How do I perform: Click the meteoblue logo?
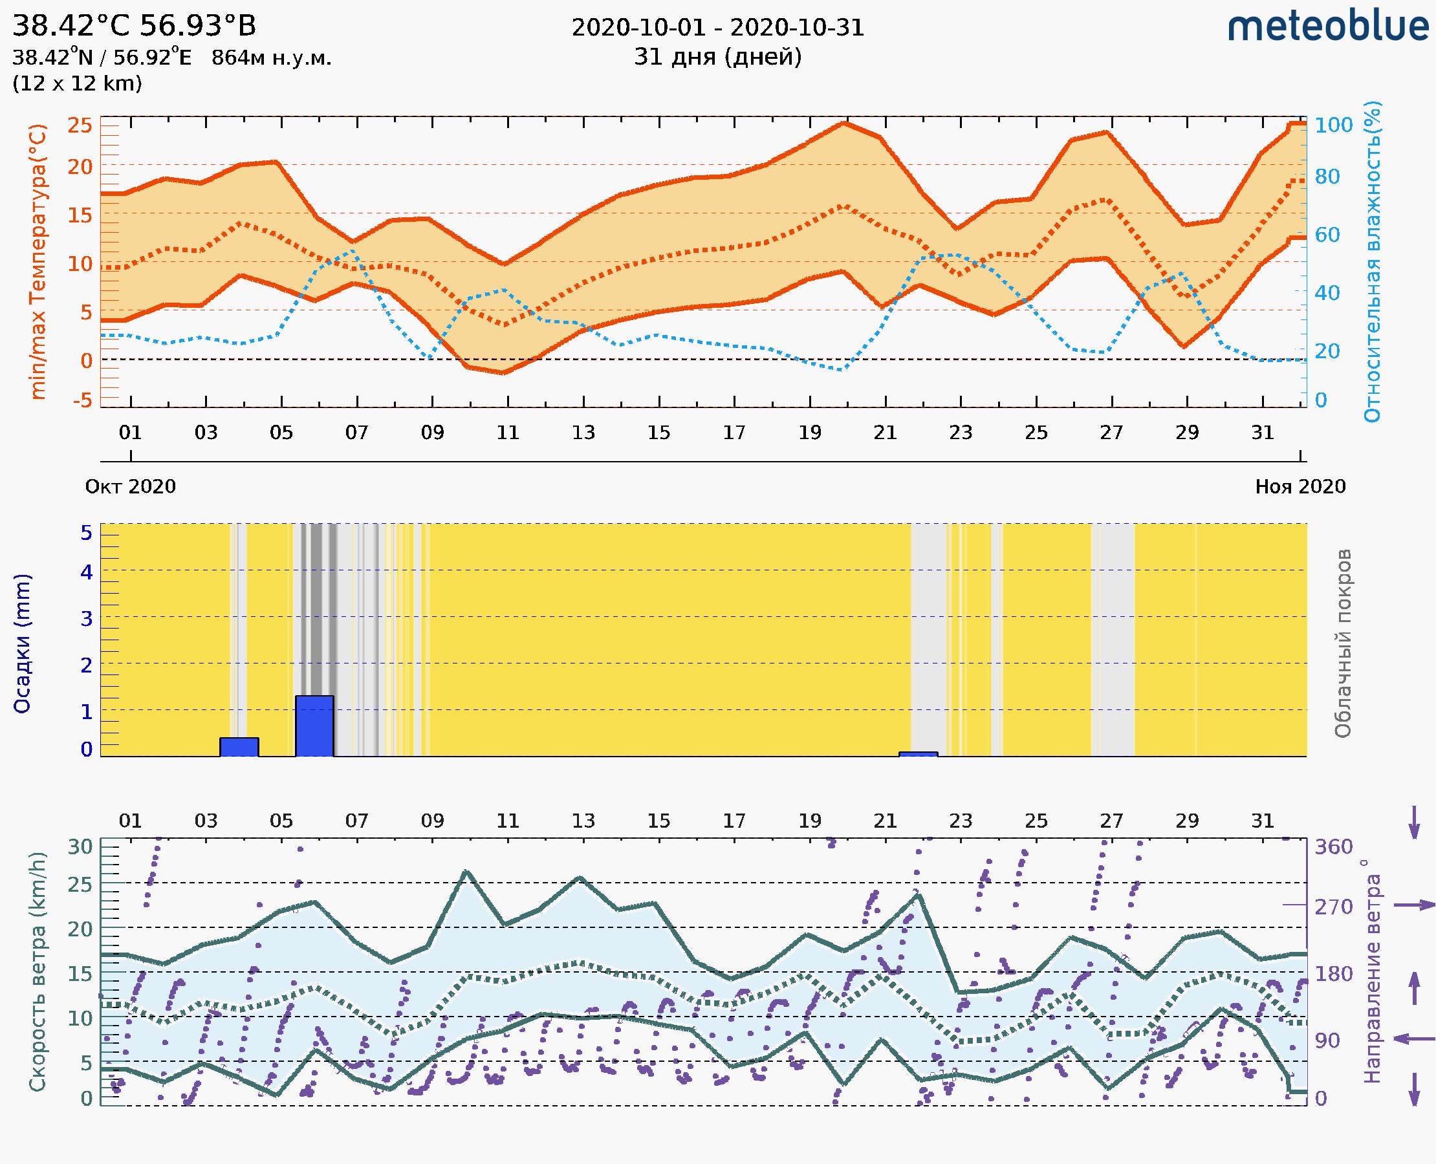[x=1327, y=27]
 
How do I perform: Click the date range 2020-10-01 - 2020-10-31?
[x=717, y=28]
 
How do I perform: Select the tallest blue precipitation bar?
[x=314, y=726]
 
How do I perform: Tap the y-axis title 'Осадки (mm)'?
[x=22, y=643]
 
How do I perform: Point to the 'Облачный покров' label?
[x=1343, y=643]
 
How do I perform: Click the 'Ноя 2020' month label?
[x=1300, y=487]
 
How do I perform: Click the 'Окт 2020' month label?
[x=130, y=487]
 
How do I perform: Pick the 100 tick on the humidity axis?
[x=1333, y=125]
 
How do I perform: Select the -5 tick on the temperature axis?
[x=82, y=401]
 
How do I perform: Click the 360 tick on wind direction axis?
[x=1333, y=847]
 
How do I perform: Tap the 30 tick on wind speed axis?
[x=80, y=847]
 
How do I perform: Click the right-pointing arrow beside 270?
[x=1414, y=905]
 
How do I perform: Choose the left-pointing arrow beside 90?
[x=1414, y=1039]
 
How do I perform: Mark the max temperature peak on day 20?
[x=844, y=124]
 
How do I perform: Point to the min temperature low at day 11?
[x=504, y=372]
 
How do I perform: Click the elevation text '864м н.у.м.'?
[x=272, y=58]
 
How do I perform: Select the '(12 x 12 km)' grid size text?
[x=77, y=84]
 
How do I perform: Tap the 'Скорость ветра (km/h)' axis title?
[x=38, y=972]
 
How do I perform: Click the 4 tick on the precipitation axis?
[x=86, y=572]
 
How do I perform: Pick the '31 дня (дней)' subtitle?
[x=717, y=57]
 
